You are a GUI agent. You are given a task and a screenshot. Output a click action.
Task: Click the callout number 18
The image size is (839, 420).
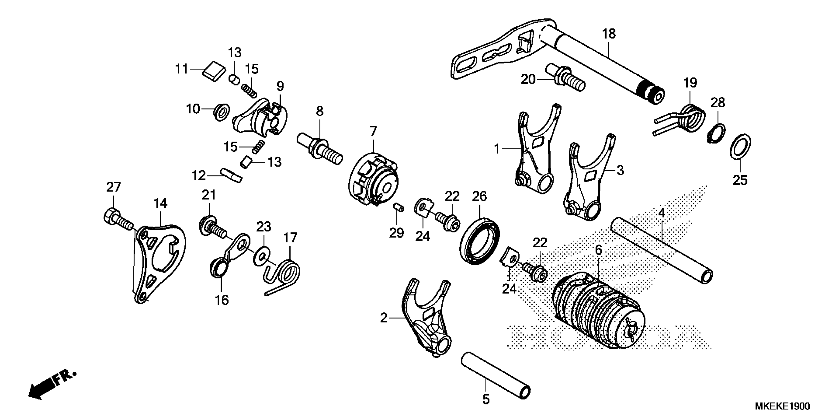tap(609, 34)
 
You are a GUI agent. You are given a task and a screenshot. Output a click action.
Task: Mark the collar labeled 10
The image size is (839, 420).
tap(222, 112)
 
